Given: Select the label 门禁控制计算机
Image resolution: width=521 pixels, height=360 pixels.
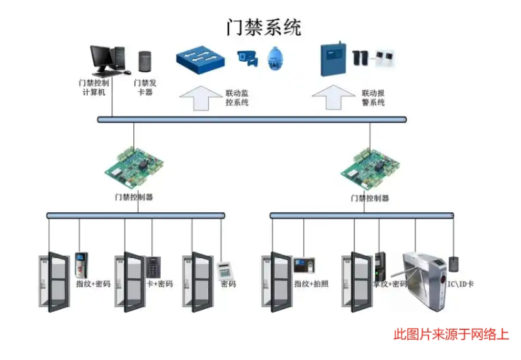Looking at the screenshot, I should click(93, 88).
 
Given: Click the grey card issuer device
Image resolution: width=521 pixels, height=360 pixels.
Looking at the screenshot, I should click(145, 61).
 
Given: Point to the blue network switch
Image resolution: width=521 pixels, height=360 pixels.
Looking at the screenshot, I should click(200, 60).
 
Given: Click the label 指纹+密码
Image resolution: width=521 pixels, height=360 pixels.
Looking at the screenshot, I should click(93, 284).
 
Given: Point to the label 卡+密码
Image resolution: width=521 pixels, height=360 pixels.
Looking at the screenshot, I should click(158, 284).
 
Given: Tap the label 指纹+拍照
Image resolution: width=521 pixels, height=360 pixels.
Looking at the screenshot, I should click(311, 284).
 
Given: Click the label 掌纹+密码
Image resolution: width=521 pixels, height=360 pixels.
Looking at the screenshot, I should click(390, 284).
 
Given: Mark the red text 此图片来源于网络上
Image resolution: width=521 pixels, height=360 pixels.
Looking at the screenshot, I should click(451, 335).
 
